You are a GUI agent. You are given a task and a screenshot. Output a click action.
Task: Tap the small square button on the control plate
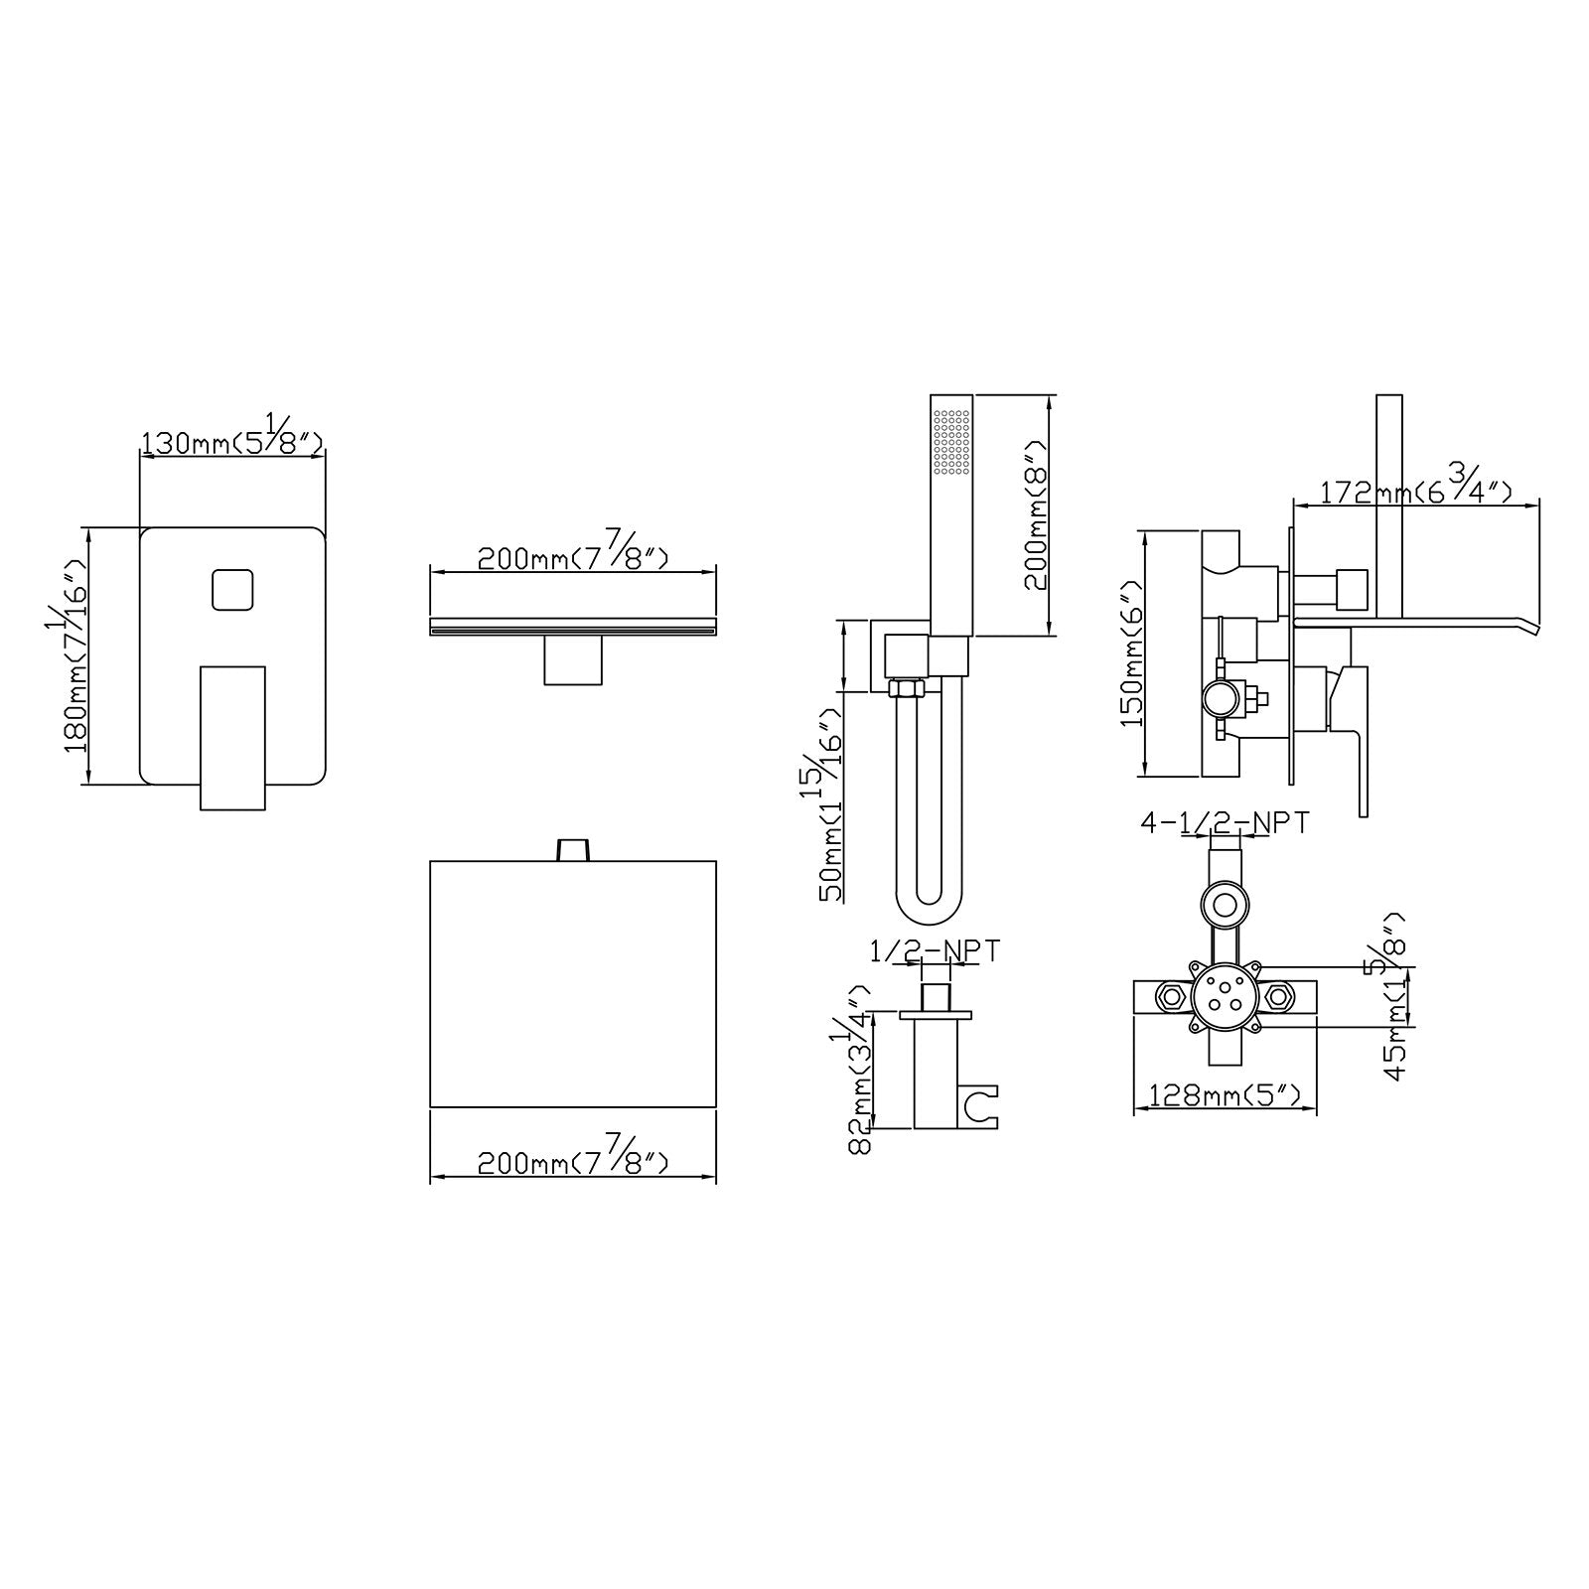point(232,590)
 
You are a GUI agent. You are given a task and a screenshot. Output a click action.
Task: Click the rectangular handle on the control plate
point(233,737)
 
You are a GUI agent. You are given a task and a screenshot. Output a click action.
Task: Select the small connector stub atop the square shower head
point(572,849)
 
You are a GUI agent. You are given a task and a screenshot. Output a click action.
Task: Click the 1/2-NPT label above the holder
point(935,950)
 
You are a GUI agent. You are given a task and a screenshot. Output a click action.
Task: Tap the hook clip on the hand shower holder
point(982,1107)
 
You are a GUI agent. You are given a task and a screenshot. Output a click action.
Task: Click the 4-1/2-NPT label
point(1225,823)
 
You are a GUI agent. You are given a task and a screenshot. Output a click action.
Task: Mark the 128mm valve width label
point(1225,1095)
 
